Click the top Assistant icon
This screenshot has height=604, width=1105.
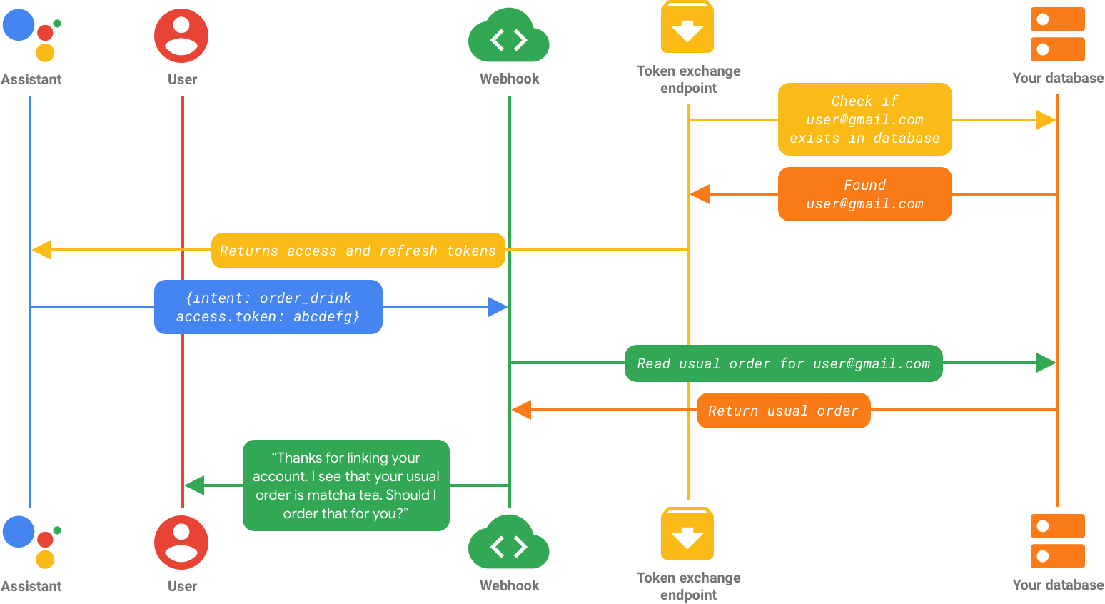tap(31, 35)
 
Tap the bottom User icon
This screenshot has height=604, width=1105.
tap(181, 543)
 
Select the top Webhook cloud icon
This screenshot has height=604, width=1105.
tap(509, 36)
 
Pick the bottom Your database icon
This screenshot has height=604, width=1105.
tap(1057, 541)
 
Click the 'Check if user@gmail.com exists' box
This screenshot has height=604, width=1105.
tap(864, 119)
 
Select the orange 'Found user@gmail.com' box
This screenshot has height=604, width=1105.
tap(864, 194)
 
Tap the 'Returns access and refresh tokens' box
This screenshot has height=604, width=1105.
tap(358, 251)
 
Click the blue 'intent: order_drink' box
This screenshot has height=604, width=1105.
tap(268, 307)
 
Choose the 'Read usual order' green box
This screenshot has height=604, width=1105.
tap(783, 363)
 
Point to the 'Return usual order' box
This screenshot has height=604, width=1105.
tap(783, 411)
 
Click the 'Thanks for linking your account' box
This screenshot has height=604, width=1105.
tap(346, 485)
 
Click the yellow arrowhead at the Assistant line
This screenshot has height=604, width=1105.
tap(41, 250)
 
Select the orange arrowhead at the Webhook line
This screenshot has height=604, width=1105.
tap(521, 410)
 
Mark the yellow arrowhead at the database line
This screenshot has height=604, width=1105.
tap(1046, 120)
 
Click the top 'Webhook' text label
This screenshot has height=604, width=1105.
tap(509, 79)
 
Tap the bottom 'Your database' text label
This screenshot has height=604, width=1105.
tap(1058, 585)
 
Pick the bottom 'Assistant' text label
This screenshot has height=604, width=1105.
tap(31, 586)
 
